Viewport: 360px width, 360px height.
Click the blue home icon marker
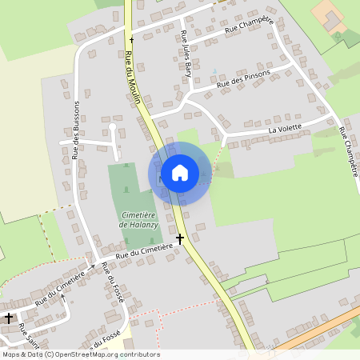tap(180, 172)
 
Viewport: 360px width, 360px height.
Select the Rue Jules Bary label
tap(186, 48)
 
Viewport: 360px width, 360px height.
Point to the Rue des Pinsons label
tap(243, 78)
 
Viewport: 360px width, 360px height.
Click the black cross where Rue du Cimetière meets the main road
tap(180, 238)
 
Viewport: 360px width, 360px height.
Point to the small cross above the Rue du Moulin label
tap(131, 38)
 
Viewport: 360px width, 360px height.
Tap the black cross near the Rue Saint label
tap(8, 318)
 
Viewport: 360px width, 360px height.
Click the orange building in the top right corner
tap(330, 15)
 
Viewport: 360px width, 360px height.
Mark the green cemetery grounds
tap(132, 188)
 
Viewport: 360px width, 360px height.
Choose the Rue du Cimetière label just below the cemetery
tap(144, 251)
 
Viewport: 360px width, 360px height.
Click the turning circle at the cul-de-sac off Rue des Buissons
tap(113, 126)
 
